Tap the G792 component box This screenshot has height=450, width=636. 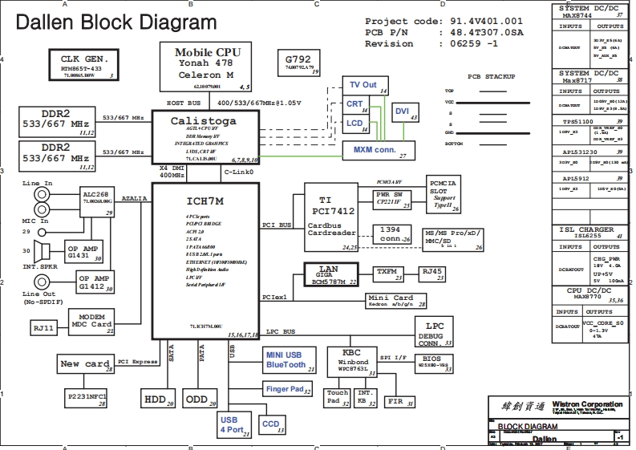(298, 63)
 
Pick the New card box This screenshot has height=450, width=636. (86, 364)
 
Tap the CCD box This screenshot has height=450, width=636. (273, 424)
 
